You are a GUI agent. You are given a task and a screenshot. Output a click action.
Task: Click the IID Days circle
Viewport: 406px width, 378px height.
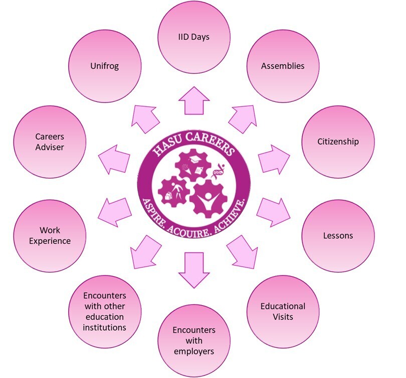pos(194,36)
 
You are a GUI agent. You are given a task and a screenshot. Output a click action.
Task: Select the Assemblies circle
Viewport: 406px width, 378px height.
pos(282,66)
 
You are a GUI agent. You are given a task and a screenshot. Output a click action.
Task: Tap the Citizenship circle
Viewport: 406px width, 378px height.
pos(338,141)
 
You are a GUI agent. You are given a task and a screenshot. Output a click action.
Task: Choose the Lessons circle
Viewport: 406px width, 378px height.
pos(338,235)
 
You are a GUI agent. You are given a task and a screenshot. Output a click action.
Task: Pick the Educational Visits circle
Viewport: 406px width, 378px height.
pos(283,311)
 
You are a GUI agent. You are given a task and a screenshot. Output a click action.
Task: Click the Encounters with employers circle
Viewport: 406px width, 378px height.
pos(194,340)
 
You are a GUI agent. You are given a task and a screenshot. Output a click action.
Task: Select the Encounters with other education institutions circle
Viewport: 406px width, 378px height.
pos(105,311)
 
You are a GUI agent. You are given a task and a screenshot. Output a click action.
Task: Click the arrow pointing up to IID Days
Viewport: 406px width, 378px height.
pos(194,101)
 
